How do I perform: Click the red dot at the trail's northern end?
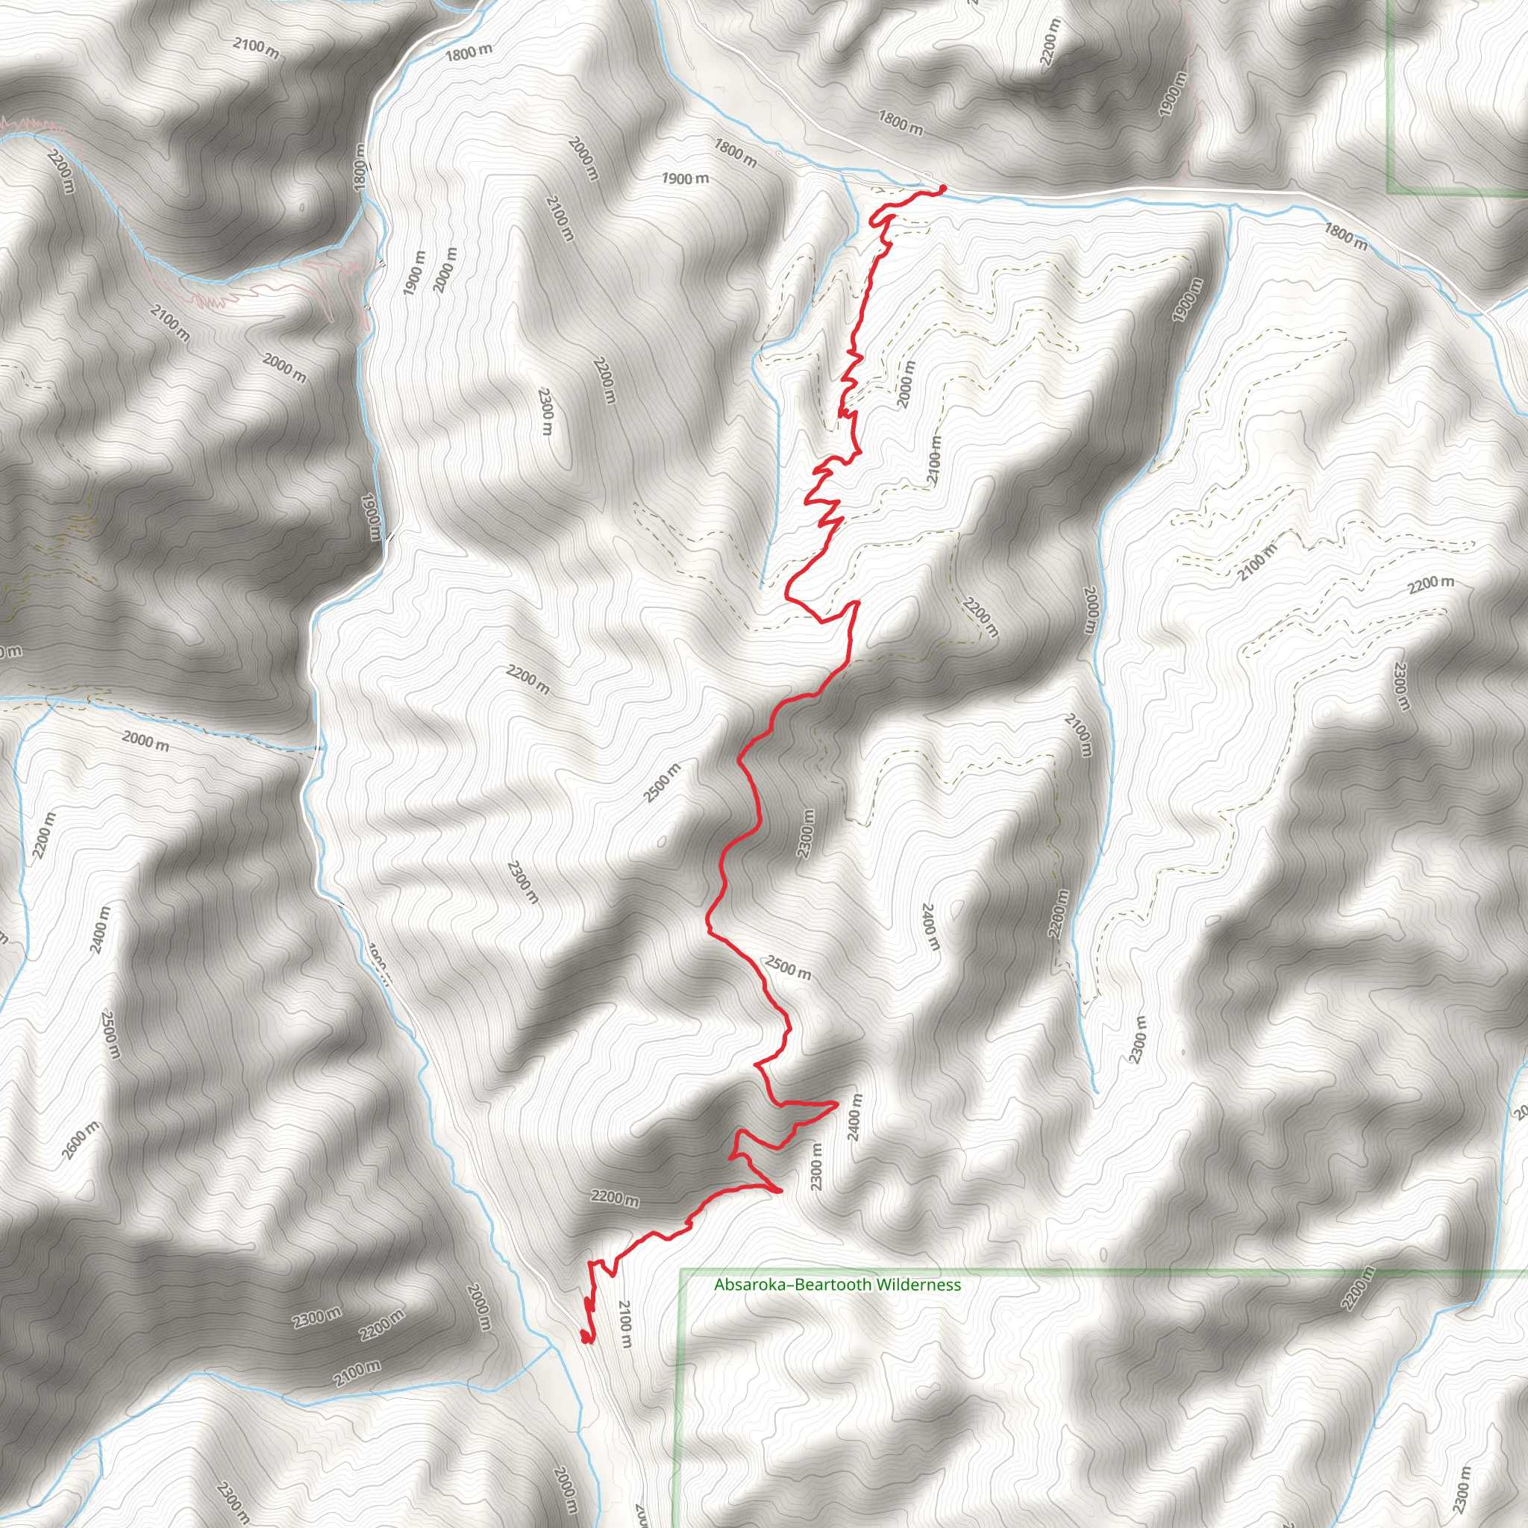943,187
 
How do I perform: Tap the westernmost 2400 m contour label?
101,930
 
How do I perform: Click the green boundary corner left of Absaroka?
682,1272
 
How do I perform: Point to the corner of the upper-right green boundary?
1388,192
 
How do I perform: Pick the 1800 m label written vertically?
361,166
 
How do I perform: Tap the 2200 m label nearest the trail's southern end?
615,1199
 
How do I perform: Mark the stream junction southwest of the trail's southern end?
551,1347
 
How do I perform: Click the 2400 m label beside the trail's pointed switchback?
854,1118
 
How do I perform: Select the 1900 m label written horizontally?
685,179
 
